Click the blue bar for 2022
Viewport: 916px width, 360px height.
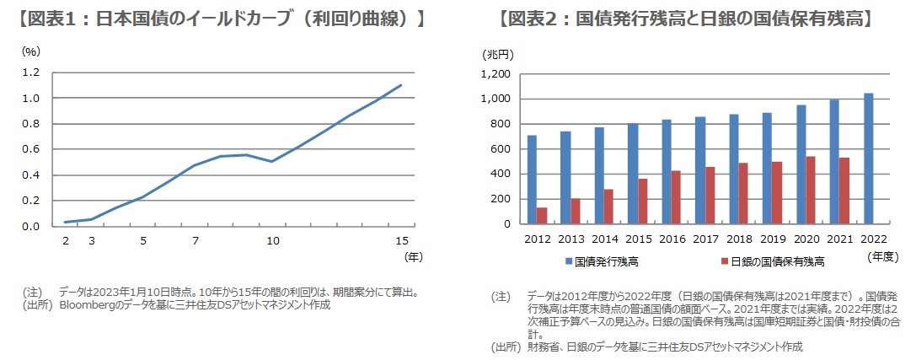click(x=869, y=159)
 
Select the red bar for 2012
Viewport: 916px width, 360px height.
click(x=542, y=216)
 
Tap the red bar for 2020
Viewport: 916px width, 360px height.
click(x=812, y=191)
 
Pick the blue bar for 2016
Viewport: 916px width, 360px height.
click(x=667, y=172)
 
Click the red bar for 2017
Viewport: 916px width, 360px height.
click(x=710, y=196)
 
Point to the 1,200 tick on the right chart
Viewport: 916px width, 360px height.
click(x=495, y=74)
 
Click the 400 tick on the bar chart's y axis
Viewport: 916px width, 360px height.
click(x=501, y=175)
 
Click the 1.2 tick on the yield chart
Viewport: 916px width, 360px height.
click(x=31, y=73)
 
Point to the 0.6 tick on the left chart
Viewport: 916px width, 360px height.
click(x=31, y=150)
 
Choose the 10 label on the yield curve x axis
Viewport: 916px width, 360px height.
click(x=272, y=242)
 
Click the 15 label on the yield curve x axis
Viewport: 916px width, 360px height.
click(x=402, y=242)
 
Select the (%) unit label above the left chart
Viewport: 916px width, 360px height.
click(x=32, y=51)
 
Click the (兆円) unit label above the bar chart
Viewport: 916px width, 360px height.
click(x=498, y=54)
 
